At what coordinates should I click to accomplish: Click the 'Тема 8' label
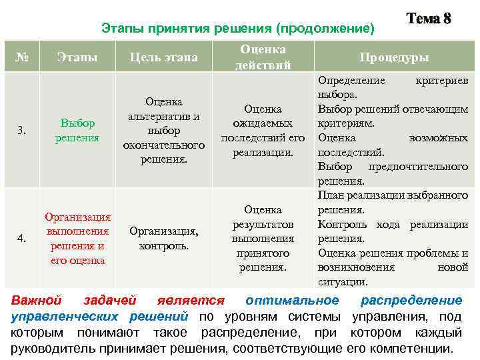(x=429, y=19)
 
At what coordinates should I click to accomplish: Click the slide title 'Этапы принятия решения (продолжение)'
(x=238, y=28)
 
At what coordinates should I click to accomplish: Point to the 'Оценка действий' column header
(x=263, y=57)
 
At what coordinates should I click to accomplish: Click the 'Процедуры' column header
(x=393, y=57)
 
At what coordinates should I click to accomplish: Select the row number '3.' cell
(x=22, y=130)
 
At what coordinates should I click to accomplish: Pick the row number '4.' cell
(x=22, y=238)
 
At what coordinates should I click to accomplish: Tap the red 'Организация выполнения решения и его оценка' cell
(x=78, y=238)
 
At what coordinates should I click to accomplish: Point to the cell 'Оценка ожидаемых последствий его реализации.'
(x=263, y=130)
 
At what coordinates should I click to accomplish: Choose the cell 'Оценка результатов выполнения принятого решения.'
(x=263, y=238)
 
